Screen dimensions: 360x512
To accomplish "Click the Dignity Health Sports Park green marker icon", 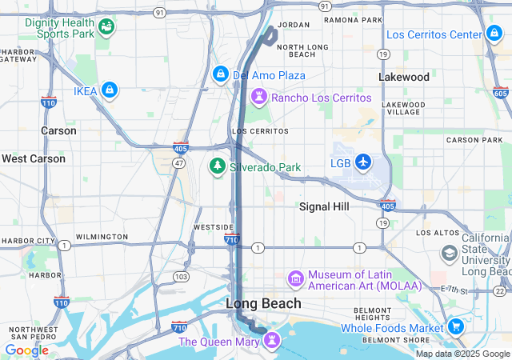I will coord(106,29).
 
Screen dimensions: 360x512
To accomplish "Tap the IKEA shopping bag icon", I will coord(110,90).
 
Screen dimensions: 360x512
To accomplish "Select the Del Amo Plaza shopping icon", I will coord(220,74).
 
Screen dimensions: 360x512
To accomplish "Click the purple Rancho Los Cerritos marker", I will coord(259,97).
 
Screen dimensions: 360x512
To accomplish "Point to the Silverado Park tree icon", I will coord(216,166).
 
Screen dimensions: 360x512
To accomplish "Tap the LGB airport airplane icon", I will coord(364,162).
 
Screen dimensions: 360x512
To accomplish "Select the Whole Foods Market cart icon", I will coord(456,326).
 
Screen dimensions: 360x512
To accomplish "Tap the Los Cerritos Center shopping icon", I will coord(494,34).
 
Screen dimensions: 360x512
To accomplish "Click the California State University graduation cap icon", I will coord(450,254).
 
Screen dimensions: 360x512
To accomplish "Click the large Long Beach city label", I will coord(263,303).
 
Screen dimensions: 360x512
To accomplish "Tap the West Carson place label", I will coord(34,158).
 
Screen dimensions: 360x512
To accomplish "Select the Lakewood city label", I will coord(404,78).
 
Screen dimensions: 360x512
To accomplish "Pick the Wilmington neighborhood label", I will coord(101,237).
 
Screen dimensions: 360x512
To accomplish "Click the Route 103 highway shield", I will coord(182,276).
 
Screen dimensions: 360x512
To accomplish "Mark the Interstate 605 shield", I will coord(500,93).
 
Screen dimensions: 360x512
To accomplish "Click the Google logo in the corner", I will coord(26,350).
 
